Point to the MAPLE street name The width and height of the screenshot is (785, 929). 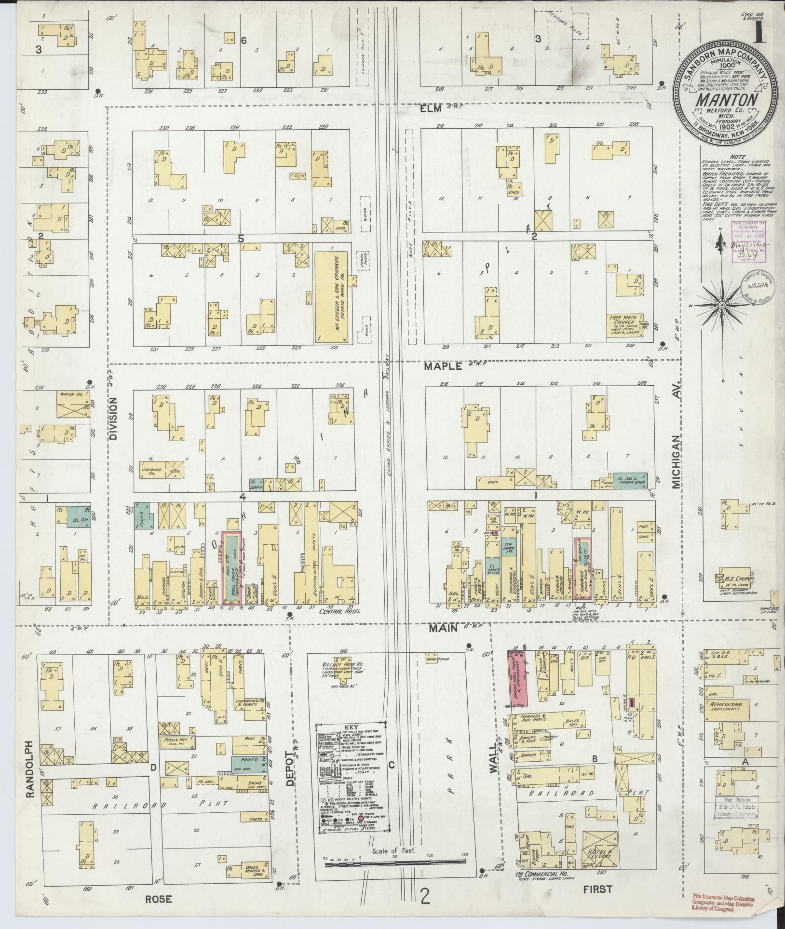tap(443, 366)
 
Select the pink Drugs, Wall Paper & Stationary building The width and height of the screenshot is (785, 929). tap(518, 671)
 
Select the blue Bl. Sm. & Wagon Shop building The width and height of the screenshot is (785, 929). tap(630, 483)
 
